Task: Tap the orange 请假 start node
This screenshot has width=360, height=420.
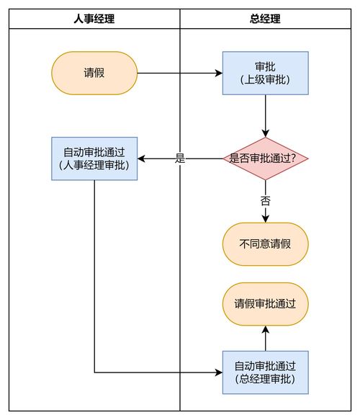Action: point(94,73)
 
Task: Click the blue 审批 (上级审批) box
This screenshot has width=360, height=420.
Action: point(266,73)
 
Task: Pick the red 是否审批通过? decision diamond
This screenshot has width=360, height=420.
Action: point(266,158)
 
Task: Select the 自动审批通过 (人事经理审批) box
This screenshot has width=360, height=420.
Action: point(94,158)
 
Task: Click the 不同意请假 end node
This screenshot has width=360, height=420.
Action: point(266,243)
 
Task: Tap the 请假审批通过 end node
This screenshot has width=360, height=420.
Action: point(266,304)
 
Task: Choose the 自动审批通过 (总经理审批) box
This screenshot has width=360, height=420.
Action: point(266,372)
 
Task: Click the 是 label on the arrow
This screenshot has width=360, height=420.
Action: point(180,158)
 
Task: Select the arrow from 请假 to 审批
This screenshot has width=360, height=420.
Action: point(180,73)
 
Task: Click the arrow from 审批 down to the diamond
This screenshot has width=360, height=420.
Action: point(266,115)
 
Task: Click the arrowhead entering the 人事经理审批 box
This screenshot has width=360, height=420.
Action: point(142,158)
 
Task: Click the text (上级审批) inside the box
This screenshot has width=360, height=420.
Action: point(266,80)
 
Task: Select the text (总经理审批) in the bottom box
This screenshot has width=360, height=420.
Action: point(266,379)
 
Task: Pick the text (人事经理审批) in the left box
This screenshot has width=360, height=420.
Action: point(94,166)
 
